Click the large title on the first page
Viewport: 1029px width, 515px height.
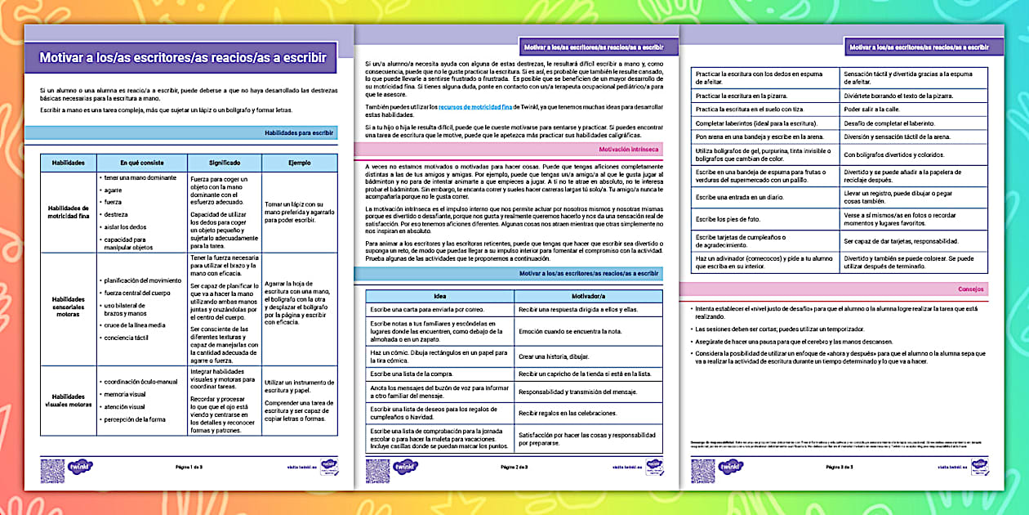[183, 58]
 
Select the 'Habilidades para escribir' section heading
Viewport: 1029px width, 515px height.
[299, 132]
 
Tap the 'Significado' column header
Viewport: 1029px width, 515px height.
[224, 163]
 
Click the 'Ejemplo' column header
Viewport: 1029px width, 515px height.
[299, 163]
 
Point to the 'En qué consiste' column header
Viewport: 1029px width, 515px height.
[142, 163]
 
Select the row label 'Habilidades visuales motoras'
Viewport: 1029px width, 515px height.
[68, 401]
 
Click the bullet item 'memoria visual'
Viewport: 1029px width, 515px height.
[125, 393]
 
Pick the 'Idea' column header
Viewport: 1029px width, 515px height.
[440, 295]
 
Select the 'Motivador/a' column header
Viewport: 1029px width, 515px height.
[588, 295]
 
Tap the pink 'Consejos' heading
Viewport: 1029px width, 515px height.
[971, 289]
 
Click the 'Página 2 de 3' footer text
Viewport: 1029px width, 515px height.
[514, 467]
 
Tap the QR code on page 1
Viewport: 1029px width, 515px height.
[52, 470]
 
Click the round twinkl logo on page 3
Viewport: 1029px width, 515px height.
[733, 468]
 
